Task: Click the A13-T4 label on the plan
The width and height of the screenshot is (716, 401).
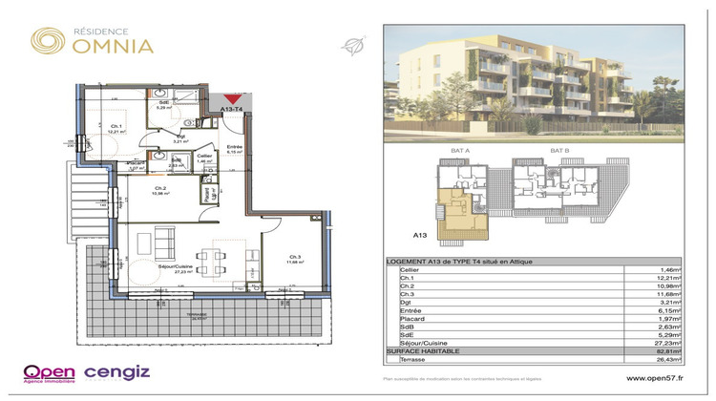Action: click(232, 111)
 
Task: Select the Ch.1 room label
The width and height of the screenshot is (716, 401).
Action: click(116, 127)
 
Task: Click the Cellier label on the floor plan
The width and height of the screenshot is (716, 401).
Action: click(203, 156)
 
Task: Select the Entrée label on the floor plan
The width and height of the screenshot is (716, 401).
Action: click(234, 146)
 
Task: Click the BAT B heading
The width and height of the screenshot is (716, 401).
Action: click(560, 151)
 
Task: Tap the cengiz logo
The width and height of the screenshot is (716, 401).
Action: click(118, 372)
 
